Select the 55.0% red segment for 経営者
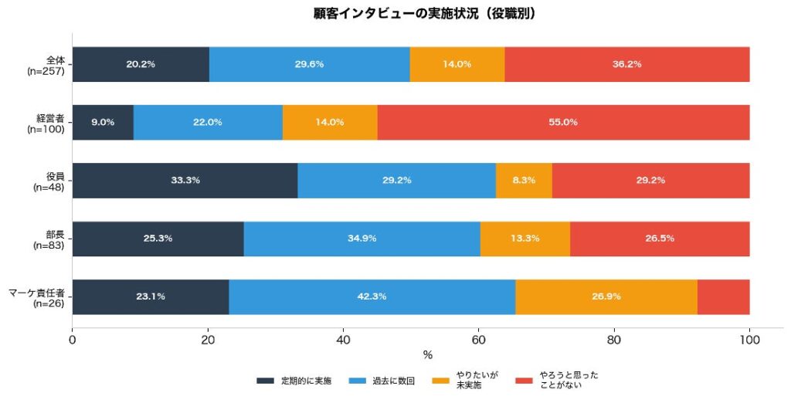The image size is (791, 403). [563, 122]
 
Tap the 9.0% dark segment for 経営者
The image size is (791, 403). [103, 122]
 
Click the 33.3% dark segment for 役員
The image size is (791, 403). [185, 180]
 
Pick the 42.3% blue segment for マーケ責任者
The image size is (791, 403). [372, 296]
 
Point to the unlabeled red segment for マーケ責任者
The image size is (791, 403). [723, 296]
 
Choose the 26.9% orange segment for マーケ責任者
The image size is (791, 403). [606, 296]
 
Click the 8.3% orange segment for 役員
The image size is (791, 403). [524, 180]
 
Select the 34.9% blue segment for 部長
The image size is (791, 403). [362, 239]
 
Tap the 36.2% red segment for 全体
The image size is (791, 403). [626, 64]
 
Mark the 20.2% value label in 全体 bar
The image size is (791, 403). [141, 64]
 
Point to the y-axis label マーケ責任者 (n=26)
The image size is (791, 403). [37, 297]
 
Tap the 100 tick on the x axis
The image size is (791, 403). [749, 338]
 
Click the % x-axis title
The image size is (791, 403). [427, 355]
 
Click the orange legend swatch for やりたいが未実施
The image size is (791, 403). [440, 381]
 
